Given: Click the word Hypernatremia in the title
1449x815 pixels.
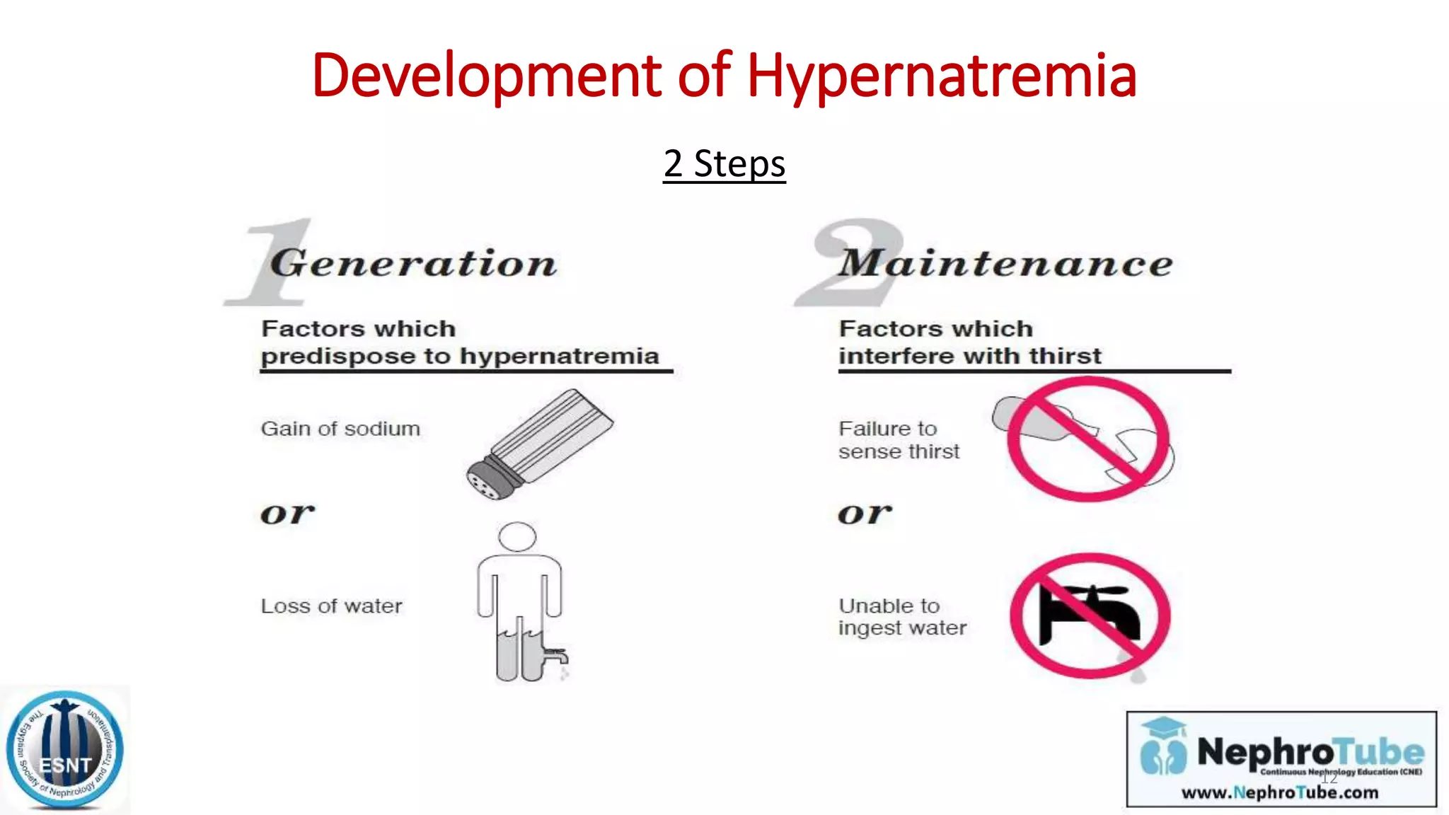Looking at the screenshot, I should tap(941, 76).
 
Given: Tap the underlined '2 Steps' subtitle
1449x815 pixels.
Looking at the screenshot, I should tap(724, 164).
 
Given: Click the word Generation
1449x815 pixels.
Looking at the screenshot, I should tap(414, 264).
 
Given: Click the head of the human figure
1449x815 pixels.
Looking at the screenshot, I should tap(517, 536).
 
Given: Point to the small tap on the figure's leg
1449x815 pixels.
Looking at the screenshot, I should tap(556, 654).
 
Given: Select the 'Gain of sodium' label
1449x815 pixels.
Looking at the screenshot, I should tap(340, 429).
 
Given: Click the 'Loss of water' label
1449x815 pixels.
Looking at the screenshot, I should tap(331, 606).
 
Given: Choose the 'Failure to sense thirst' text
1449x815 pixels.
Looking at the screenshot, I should tap(899, 440).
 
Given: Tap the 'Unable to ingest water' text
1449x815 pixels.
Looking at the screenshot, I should tap(902, 617).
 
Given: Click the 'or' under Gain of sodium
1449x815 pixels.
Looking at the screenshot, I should tap(287, 514).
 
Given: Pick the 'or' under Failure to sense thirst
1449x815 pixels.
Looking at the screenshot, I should tap(865, 514).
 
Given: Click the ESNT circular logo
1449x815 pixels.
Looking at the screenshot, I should tap(65, 750).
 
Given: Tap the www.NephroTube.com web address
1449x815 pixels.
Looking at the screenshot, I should tap(1280, 792).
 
